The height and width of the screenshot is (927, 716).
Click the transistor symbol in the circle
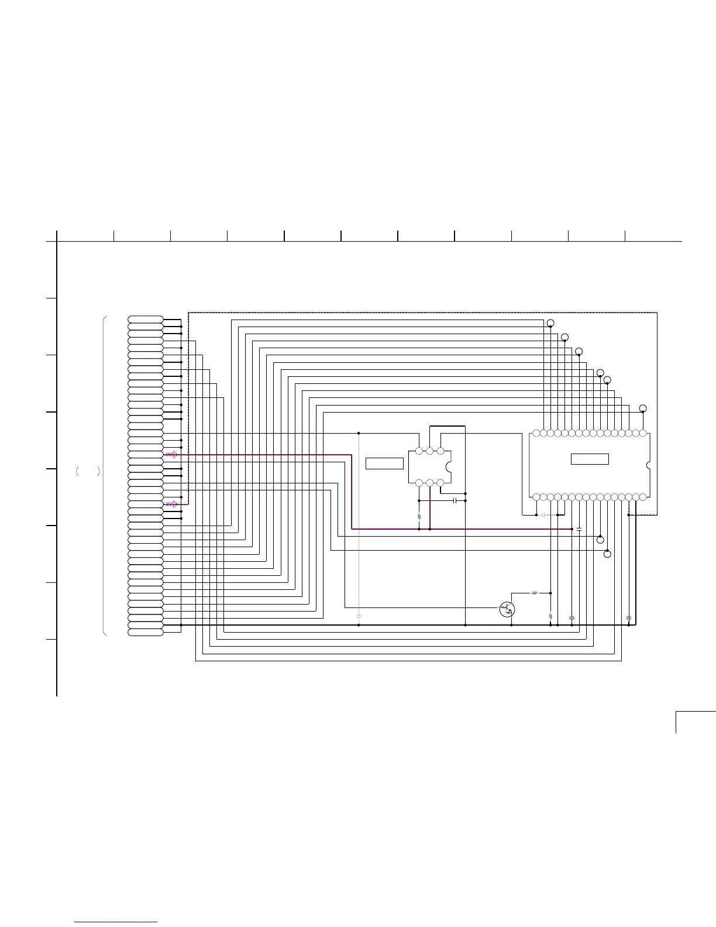point(507,609)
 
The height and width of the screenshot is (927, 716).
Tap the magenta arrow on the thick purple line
point(171,454)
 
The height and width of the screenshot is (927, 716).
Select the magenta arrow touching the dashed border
point(171,504)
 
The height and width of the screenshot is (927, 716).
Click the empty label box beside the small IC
point(384,463)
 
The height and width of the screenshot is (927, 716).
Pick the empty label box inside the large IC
point(590,459)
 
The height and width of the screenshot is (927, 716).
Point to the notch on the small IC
point(448,467)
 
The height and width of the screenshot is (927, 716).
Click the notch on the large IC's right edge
point(648,466)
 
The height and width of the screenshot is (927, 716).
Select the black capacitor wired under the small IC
point(455,501)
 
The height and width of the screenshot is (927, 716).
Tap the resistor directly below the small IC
point(419,517)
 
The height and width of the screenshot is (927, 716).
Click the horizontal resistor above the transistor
point(534,593)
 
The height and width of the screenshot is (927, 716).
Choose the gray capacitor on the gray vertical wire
point(359,616)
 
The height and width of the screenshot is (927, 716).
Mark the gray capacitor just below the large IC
point(543,515)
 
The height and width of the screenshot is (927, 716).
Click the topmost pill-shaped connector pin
point(146,320)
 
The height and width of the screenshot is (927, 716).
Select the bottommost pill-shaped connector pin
point(146,632)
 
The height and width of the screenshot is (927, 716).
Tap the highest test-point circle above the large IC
point(550,323)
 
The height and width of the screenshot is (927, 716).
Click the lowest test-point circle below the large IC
point(607,554)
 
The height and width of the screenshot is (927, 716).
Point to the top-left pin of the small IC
point(419,451)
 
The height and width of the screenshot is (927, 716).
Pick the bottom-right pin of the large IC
point(643,497)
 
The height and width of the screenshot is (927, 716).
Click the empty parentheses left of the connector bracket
point(88,471)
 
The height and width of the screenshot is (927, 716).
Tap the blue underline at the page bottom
point(116,922)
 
